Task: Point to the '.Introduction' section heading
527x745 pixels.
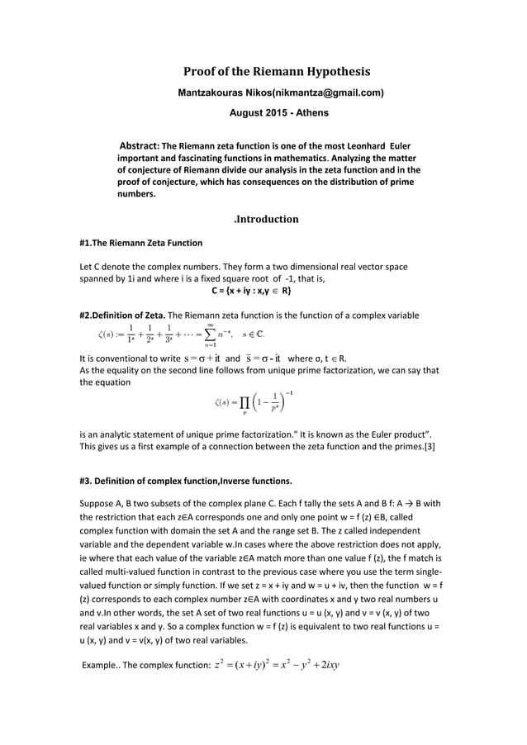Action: pos(265,219)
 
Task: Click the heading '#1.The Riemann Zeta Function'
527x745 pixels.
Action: pos(140,244)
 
